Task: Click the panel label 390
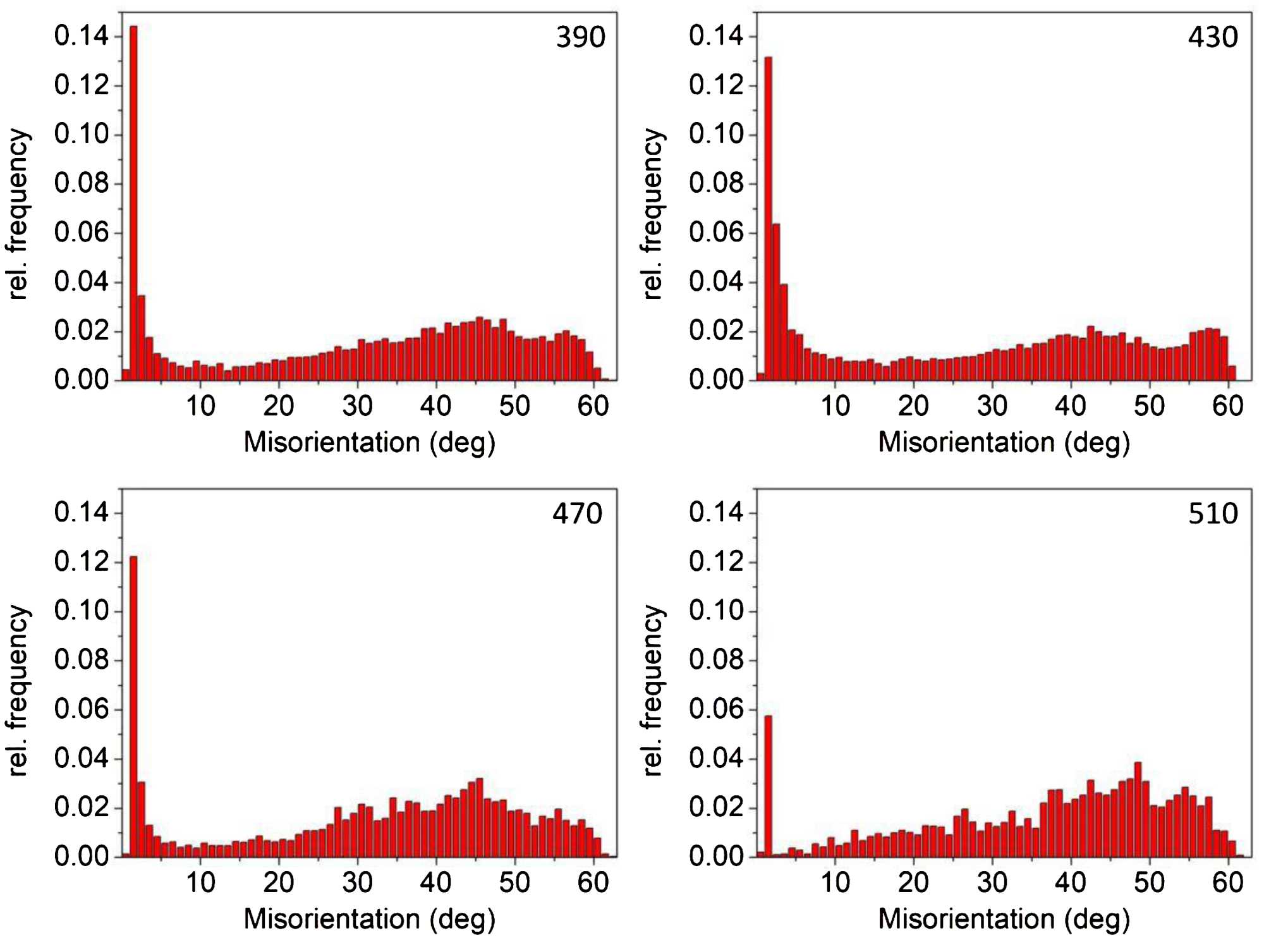580,37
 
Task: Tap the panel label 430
1213,37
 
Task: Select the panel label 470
578,514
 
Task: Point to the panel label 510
1213,514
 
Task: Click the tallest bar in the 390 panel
133,202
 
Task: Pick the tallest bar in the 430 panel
768,218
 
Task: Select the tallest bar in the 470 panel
133,706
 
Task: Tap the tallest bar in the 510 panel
768,786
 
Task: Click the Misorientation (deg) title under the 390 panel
370,443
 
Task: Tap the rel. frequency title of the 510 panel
653,690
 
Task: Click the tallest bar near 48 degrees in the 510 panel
1138,809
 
